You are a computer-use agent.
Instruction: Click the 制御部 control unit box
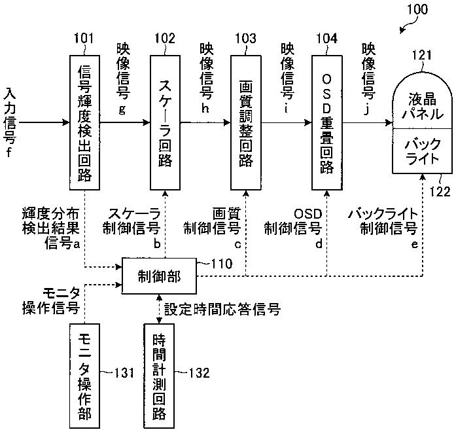coord(159,276)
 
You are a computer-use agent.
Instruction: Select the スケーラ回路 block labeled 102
coord(165,122)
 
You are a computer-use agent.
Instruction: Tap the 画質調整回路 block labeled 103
coord(246,122)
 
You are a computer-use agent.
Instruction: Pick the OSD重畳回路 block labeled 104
coord(327,122)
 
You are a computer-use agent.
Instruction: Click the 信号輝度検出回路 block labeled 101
coord(84,122)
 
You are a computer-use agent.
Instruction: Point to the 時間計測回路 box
coord(159,376)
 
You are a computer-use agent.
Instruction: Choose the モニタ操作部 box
coord(84,376)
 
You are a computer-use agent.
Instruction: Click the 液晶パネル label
coord(423,107)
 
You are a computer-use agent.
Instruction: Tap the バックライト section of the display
coord(422,151)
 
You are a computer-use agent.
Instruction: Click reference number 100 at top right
coord(417,9)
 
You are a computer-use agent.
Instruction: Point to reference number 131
coord(124,372)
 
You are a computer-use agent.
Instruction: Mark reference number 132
coord(199,372)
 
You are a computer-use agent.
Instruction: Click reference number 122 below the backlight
coord(440,191)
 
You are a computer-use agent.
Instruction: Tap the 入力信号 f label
coord(10,123)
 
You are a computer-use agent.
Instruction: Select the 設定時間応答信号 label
coord(222,309)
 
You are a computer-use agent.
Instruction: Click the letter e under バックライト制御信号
coord(415,244)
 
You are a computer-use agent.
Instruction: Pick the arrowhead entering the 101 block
coord(66,122)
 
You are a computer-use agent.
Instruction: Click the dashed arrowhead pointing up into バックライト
coord(423,177)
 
